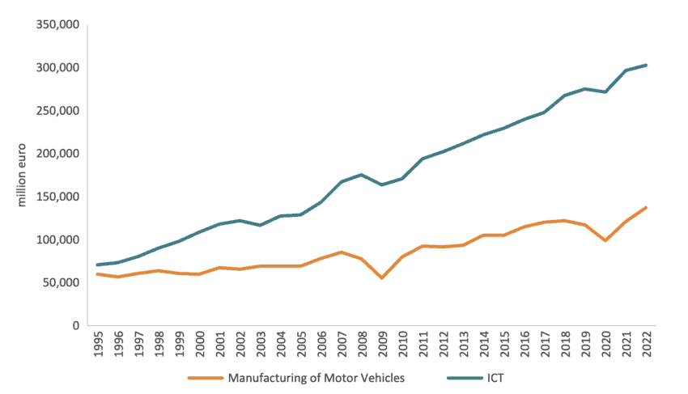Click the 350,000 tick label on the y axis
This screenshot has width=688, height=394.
(56, 24)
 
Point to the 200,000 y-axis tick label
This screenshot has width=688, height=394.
(56, 154)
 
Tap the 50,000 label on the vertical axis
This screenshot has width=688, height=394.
(59, 282)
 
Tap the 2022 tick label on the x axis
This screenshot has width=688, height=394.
(646, 345)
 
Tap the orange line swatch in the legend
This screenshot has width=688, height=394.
(205, 377)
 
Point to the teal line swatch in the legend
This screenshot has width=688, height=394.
(462, 377)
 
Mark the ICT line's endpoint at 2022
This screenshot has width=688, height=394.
(646, 65)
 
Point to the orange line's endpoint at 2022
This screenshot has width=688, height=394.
(646, 207)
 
